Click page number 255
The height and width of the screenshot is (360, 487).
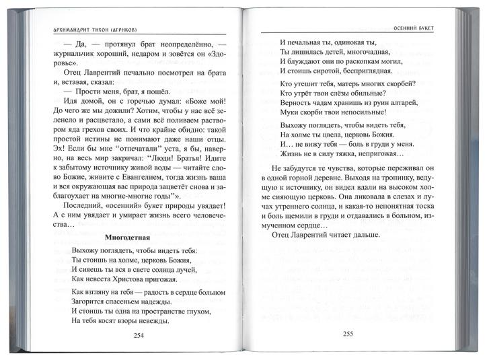(348, 333)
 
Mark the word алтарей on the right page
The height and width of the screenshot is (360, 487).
(402, 103)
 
